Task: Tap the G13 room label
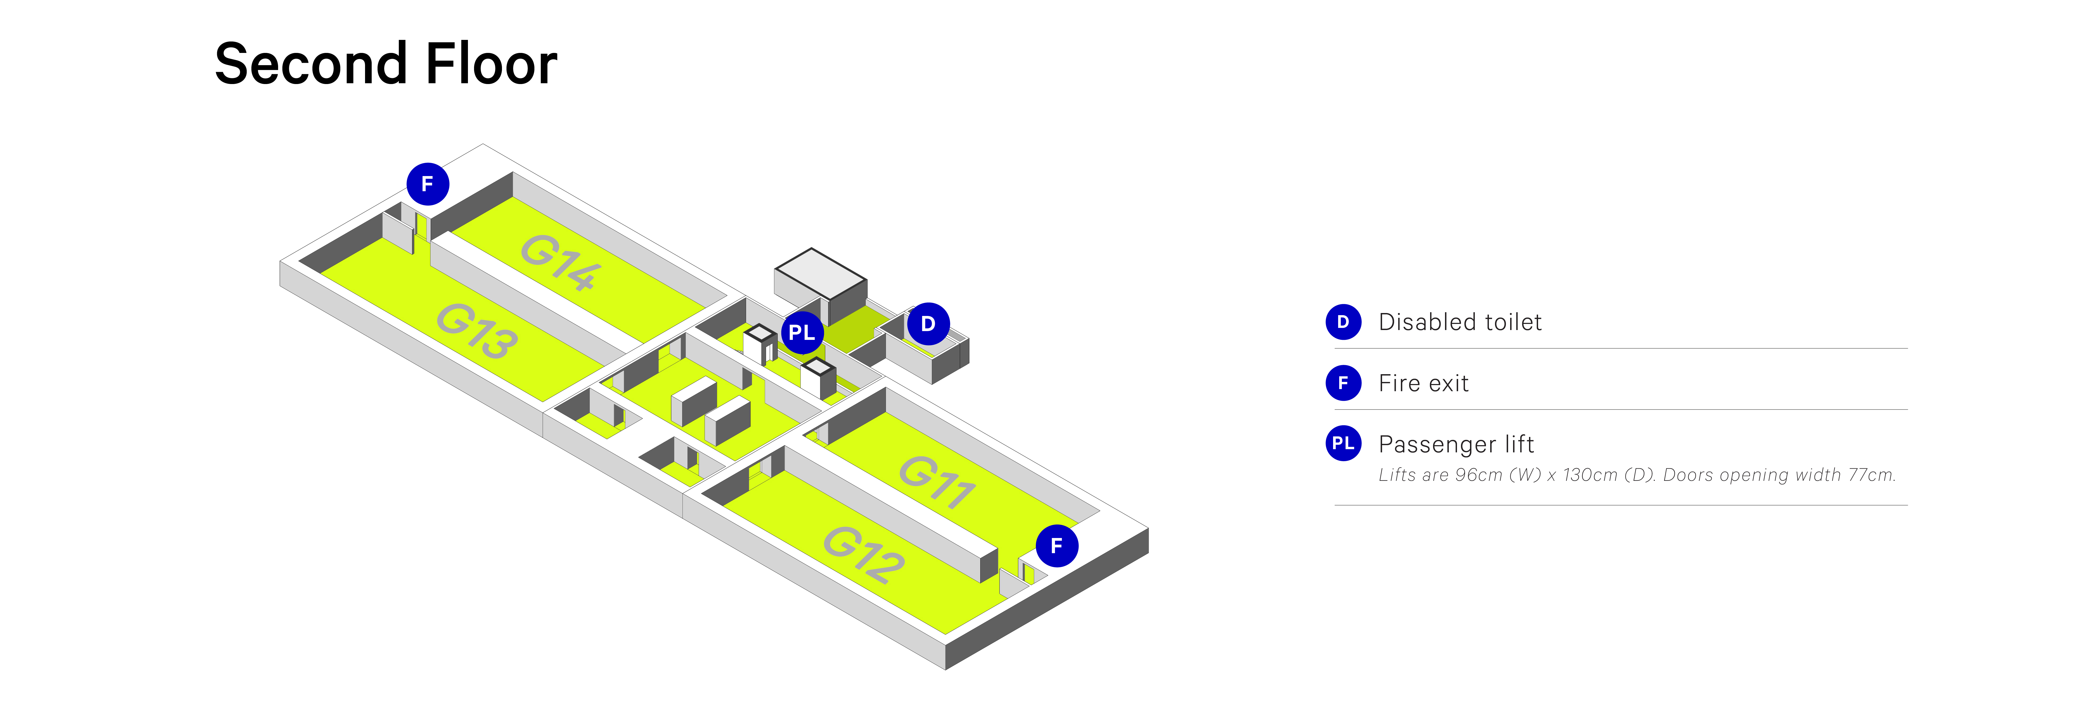click(476, 330)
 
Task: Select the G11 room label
click(937, 481)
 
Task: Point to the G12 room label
click(863, 554)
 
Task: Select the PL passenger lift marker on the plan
click(802, 332)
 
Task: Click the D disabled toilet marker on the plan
click(928, 324)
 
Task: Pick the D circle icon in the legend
click(1343, 322)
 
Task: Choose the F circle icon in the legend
click(1343, 383)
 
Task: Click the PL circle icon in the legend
click(1343, 443)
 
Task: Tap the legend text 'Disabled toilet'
click(1460, 322)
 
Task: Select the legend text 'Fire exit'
click(1423, 383)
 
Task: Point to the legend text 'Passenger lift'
click(1456, 444)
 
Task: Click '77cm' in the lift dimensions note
click(1871, 475)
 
